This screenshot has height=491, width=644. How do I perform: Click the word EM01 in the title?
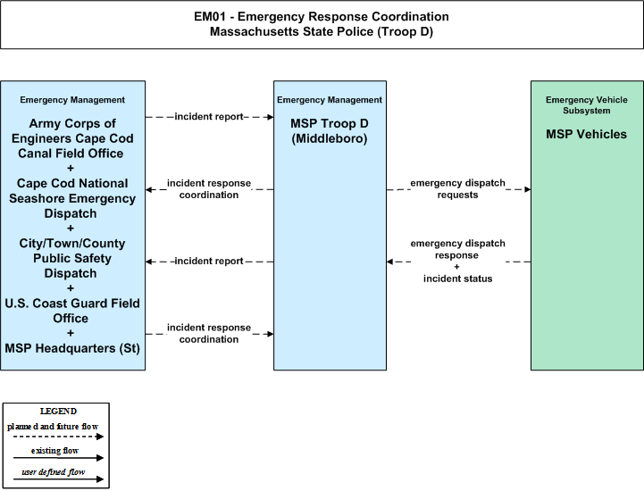click(210, 16)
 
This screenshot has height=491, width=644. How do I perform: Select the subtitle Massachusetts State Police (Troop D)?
click(322, 31)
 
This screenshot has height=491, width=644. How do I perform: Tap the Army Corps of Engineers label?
click(72, 138)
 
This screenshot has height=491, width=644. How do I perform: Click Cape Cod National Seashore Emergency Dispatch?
click(72, 198)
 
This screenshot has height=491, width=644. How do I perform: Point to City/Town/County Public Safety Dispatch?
click(72, 258)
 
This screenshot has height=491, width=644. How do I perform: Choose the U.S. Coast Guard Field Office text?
click(72, 311)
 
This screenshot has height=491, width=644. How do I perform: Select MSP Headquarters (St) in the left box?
click(72, 348)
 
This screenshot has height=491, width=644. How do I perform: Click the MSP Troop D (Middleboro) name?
click(330, 131)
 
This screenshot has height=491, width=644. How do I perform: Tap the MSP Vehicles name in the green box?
click(586, 134)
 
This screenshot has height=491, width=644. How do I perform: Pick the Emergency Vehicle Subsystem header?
click(587, 105)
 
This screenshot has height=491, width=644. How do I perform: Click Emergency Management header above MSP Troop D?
click(330, 100)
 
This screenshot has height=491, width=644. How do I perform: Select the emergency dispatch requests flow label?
click(457, 189)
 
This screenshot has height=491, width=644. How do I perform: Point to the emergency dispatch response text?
click(457, 249)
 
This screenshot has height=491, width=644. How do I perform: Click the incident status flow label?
click(457, 279)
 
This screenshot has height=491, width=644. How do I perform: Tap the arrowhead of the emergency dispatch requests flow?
click(528, 189)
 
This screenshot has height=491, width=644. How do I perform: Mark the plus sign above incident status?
click(456, 267)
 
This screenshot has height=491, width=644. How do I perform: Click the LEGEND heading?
click(58, 411)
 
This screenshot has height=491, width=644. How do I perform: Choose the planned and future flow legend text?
click(53, 427)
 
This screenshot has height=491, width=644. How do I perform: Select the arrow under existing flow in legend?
click(58, 458)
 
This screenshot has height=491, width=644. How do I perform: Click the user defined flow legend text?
click(54, 472)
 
